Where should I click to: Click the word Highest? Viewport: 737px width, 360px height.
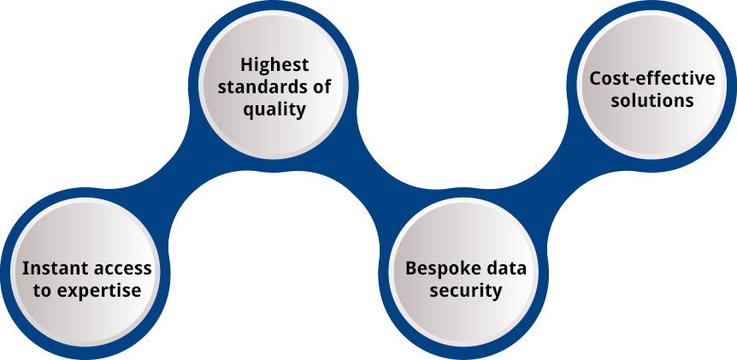pos(274,65)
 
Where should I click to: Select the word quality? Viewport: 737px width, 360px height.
pos(274,109)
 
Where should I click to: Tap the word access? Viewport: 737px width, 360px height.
pos(121,268)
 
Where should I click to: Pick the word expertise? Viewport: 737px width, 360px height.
pos(98,290)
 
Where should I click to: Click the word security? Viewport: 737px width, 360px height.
pos(466,290)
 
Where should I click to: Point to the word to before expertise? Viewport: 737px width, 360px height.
pos(42,290)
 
